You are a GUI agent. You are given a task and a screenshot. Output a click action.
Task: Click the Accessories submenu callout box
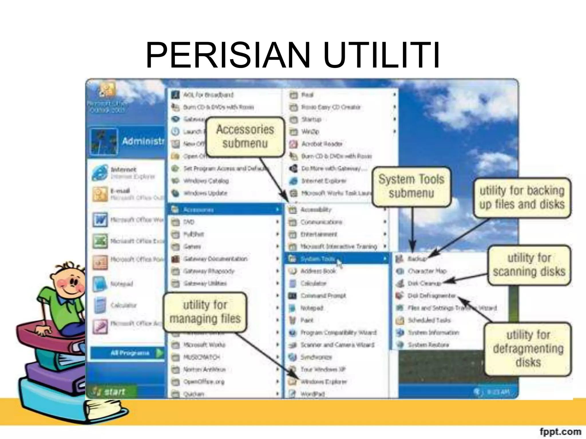pos(245,137)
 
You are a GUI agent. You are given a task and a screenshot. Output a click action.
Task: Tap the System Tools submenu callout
pos(411,186)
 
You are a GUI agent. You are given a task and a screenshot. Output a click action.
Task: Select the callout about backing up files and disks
pos(522,197)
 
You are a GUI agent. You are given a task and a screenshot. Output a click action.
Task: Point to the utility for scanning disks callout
pos(529,265)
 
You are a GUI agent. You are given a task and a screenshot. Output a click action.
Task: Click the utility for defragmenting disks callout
pos(528,349)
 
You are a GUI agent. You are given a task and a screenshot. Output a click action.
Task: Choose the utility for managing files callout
pos(205,312)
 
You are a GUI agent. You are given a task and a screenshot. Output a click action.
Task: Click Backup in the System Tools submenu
pos(417,259)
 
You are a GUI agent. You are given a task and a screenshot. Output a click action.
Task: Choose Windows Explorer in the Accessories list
pos(323,382)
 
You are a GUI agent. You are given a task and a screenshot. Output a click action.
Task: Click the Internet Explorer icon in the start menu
pos(99,173)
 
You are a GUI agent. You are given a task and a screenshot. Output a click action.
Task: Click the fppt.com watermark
pos(560,431)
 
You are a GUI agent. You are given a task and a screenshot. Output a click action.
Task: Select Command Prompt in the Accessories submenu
pos(323,296)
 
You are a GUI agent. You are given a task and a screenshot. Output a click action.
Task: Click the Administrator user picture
pos(104,141)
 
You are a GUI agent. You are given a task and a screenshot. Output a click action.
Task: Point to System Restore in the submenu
pos(428,345)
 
